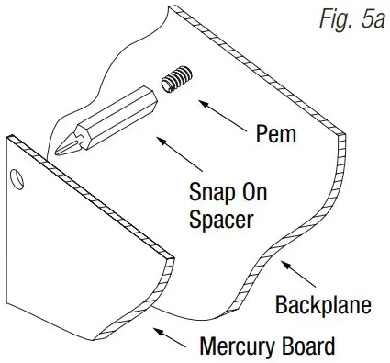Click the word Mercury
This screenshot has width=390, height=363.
236,346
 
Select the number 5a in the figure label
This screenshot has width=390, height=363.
370,20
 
